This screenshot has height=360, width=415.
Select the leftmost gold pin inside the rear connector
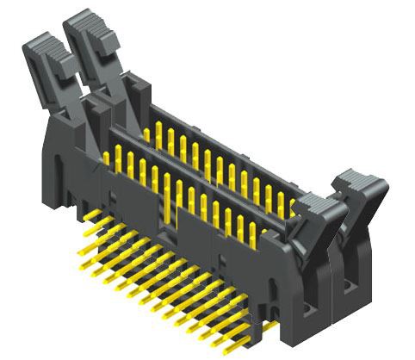[147, 133]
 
